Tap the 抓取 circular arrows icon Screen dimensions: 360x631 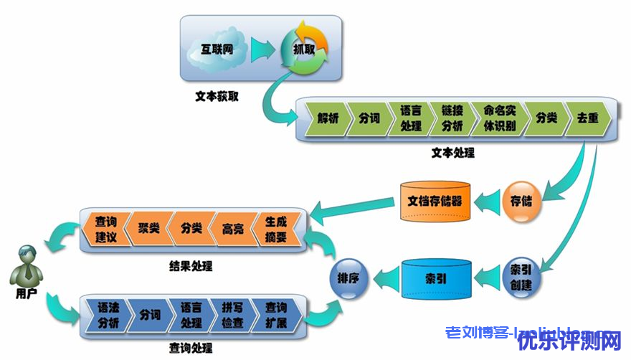(304, 49)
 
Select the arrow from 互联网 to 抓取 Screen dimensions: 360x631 (262, 50)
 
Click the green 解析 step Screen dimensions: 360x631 (327, 119)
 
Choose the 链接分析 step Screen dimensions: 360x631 (452, 119)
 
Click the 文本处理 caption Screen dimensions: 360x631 (452, 153)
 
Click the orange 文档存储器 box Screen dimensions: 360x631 (435, 199)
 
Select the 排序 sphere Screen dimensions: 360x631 (349, 275)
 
